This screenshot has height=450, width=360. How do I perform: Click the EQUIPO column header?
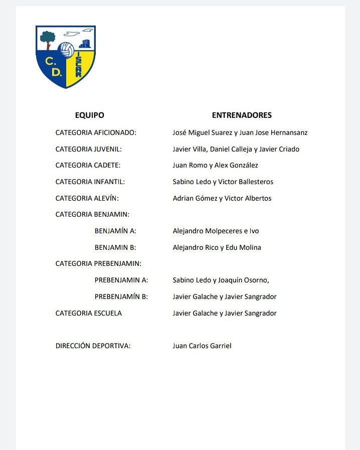[90, 115]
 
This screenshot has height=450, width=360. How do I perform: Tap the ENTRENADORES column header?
[242, 115]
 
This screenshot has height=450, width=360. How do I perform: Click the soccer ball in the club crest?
[66, 50]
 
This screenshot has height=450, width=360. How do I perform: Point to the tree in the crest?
[48, 39]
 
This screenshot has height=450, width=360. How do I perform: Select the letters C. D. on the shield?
[53, 67]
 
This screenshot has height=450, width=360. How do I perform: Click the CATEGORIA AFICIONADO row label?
[96, 133]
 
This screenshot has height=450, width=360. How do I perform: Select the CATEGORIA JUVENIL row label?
[89, 149]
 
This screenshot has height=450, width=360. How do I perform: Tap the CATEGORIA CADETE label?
[88, 165]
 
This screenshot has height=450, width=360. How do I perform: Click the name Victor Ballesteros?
[246, 182]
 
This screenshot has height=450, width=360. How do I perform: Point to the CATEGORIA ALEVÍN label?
[88, 198]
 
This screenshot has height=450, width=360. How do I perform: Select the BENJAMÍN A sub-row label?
[115, 231]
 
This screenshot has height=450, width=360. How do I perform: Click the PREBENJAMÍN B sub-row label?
[121, 296]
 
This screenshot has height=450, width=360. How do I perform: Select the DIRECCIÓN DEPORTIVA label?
[93, 346]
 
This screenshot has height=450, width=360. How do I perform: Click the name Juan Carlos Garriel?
[202, 346]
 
